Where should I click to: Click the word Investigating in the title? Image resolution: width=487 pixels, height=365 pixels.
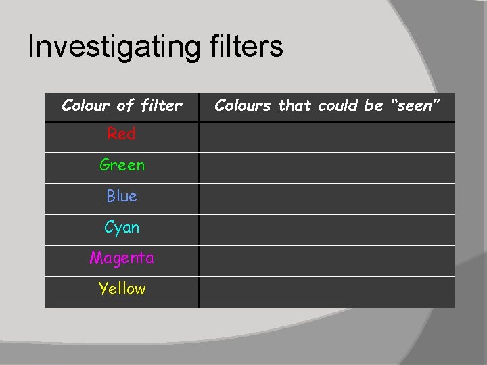pos(112,47)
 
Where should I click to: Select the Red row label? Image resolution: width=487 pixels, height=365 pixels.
pos(122,134)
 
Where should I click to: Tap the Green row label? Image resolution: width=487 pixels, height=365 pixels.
pos(122,165)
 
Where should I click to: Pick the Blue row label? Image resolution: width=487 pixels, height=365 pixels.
pos(122,196)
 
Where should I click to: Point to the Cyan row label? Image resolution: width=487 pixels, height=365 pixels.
pos(122,227)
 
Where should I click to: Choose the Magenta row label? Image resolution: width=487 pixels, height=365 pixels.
pos(122,258)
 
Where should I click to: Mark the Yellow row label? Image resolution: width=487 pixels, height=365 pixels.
pos(122,289)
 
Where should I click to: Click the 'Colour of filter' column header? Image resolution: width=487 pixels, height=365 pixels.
pos(122,105)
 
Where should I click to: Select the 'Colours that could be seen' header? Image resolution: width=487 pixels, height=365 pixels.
pos(327,105)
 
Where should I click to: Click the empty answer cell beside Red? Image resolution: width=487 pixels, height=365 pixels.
pos(327,137)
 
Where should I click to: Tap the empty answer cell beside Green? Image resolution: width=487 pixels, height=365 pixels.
pos(327,168)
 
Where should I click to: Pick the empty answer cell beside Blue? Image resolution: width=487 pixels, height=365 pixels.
pos(327,199)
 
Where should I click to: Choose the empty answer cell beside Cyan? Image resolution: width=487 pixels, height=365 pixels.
pos(327,230)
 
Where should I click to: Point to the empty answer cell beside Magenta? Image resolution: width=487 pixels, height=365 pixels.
pos(327,261)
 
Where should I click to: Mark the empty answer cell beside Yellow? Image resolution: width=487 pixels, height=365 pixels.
pos(327,292)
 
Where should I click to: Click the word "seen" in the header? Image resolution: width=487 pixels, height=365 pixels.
pos(415,105)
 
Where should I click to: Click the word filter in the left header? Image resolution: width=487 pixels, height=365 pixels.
pos(161,105)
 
